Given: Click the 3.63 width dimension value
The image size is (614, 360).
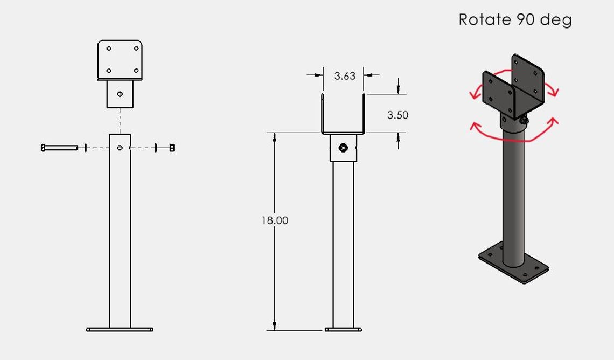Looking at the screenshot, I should click(x=345, y=76).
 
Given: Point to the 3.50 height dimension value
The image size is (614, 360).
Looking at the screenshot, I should click(x=397, y=115).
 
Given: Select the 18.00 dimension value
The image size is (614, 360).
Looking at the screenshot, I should click(x=275, y=220).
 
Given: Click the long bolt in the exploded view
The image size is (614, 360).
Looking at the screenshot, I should click(x=59, y=147).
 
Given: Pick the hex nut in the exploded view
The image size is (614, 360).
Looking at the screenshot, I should click(x=172, y=147).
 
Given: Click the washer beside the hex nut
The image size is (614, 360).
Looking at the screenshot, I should click(x=156, y=147).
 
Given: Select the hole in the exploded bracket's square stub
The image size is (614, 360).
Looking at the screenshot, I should click(x=120, y=94).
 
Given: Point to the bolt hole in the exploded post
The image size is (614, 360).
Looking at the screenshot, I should click(x=120, y=147).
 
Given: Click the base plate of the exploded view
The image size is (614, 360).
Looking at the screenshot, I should click(x=120, y=329).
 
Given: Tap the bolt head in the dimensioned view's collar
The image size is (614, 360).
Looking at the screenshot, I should click(x=343, y=148).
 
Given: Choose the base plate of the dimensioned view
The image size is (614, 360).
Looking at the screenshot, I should click(x=343, y=329).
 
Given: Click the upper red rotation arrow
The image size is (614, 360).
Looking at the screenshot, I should click(x=513, y=81).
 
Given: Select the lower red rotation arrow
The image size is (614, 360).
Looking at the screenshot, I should click(x=513, y=135).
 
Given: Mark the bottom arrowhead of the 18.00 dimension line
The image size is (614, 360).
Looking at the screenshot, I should click(x=275, y=326).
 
